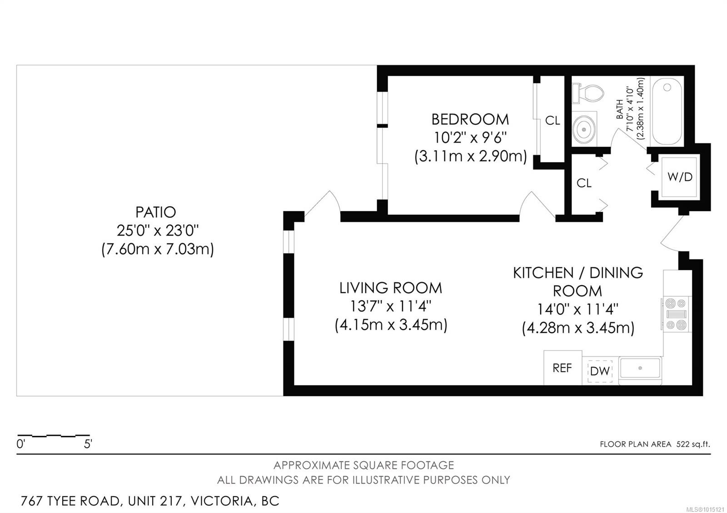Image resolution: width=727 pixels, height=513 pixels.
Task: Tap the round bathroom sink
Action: tap(583, 129)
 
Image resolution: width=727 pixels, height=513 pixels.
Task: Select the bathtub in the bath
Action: tap(666, 111)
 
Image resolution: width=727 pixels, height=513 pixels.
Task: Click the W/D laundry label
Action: tap(680, 177)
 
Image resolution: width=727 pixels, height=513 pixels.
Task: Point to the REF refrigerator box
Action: tap(562, 368)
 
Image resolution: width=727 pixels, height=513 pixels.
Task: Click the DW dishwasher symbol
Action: tap(600, 371)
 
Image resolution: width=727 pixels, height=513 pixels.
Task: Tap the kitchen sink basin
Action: tap(640, 368)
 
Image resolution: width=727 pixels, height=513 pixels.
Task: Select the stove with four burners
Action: tap(676, 314)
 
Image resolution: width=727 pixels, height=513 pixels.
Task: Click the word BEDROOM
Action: tap(470, 119)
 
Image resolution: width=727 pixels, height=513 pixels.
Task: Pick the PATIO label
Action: tap(155, 212)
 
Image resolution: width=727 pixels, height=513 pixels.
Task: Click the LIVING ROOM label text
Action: tap(390, 288)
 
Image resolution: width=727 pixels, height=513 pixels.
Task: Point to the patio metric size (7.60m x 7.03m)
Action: tap(157, 249)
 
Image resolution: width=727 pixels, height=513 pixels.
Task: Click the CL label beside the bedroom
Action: tap(553, 121)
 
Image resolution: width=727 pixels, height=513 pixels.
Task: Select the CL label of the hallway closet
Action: tap(584, 183)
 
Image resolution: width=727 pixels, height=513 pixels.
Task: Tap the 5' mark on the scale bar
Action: tap(88, 444)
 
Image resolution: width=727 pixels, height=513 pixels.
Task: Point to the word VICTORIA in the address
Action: tap(221, 501)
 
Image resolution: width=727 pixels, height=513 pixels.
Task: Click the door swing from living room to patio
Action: tap(324, 204)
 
